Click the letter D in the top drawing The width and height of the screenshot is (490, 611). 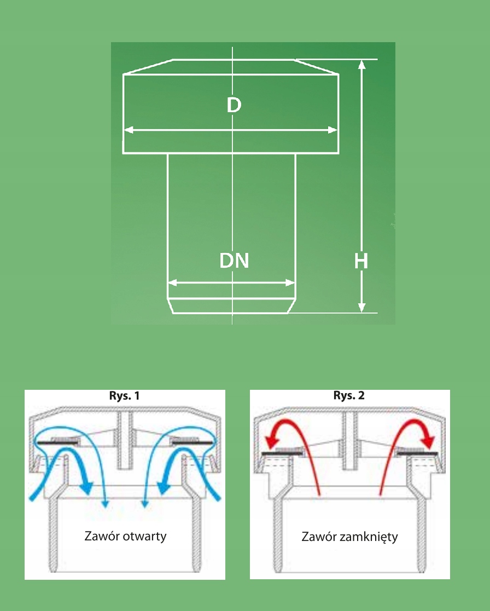234,105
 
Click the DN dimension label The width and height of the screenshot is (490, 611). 234,261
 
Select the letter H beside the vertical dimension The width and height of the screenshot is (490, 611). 361,262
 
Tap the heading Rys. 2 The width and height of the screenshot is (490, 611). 349,395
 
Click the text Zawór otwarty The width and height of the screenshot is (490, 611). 125,535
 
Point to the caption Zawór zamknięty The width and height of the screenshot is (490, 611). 349,537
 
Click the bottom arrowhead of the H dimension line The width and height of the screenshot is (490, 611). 361,308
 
